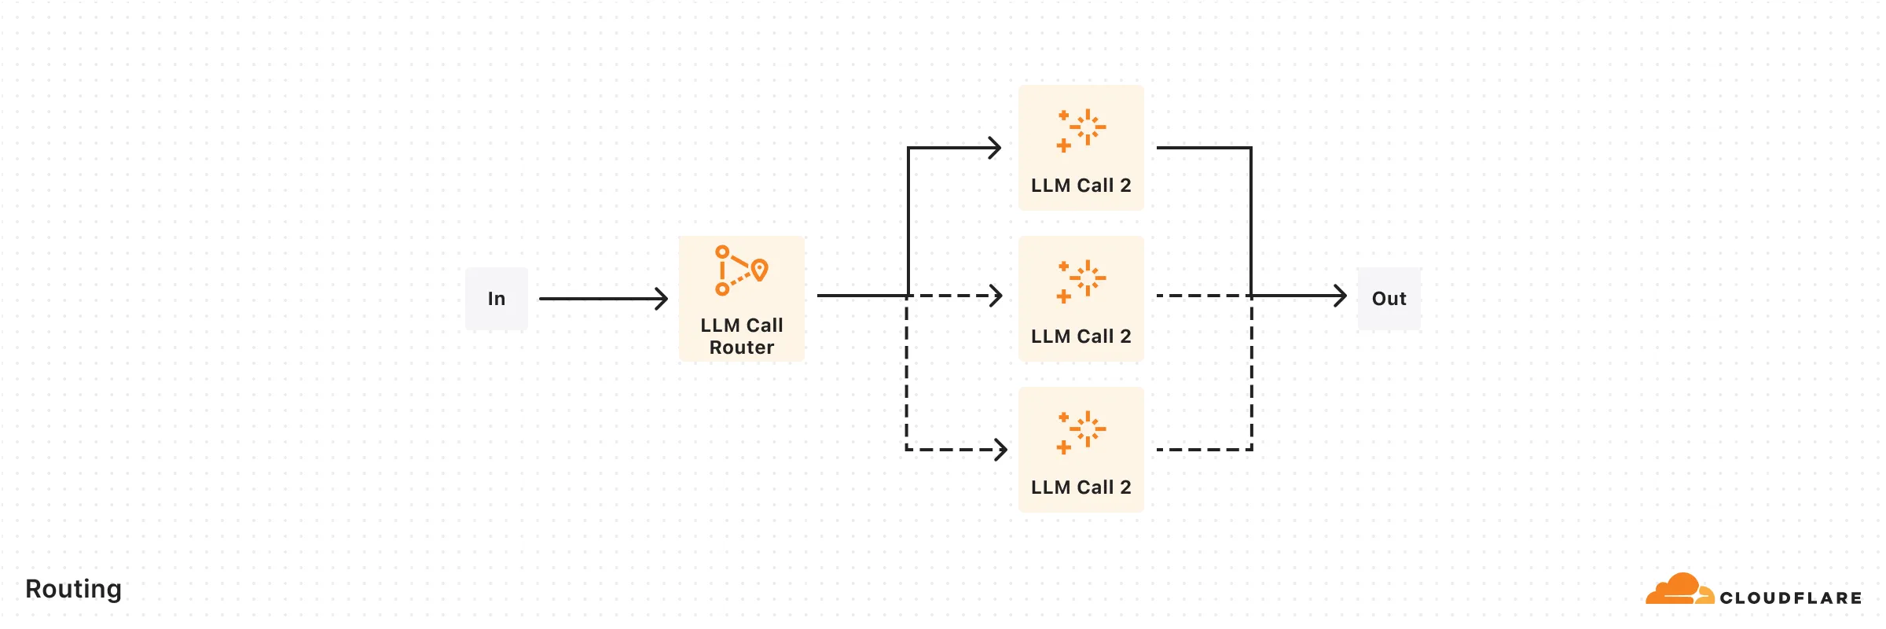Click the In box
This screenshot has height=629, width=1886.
tap(496, 299)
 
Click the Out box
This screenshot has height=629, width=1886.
tap(1389, 299)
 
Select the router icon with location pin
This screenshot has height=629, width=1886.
tap(740, 270)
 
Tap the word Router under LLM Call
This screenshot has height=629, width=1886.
tap(741, 348)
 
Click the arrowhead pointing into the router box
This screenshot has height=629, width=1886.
tap(662, 299)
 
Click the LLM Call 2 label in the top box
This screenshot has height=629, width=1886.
tap(1081, 186)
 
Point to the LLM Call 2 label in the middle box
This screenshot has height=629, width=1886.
tap(1081, 337)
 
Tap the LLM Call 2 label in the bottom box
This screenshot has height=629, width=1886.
tap(1081, 487)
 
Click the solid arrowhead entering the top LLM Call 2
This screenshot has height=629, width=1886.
tap(996, 148)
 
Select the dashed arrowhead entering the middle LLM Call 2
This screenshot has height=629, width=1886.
tap(996, 296)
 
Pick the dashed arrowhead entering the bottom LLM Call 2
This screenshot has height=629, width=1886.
tap(1001, 450)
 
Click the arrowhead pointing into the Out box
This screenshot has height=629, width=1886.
tap(1341, 296)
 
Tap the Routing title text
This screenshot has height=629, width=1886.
tap(73, 589)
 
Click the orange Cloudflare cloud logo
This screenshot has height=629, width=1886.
tap(1679, 590)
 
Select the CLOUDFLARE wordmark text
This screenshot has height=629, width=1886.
tap(1790, 598)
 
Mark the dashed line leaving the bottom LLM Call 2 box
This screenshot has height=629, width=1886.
tap(1202, 450)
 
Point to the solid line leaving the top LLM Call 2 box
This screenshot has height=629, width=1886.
tap(1202, 148)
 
